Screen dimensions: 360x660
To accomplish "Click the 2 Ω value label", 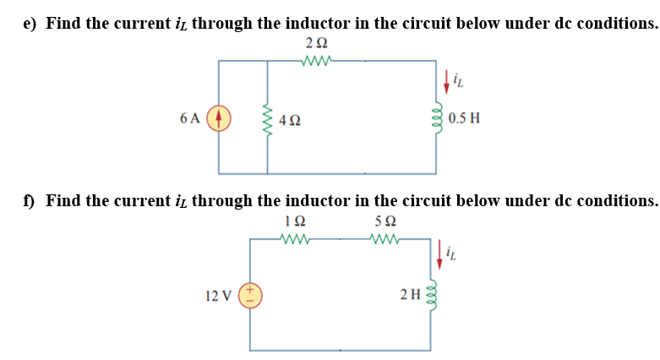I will pyautogui.click(x=316, y=43).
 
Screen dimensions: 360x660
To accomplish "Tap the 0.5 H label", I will pyautogui.click(x=464, y=117).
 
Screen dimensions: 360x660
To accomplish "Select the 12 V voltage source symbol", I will pyautogui.click(x=250, y=295).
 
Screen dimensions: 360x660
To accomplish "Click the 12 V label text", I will pyautogui.click(x=217, y=295).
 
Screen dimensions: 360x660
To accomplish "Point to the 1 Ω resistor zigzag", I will pyautogui.click(x=296, y=239).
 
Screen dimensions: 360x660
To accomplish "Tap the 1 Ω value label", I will pyautogui.click(x=295, y=221).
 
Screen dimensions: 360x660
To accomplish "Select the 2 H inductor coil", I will pyautogui.click(x=437, y=295).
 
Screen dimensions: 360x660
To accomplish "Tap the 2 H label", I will pyautogui.click(x=410, y=295).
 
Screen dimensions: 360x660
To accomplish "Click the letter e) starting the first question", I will pyautogui.click(x=30, y=23).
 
